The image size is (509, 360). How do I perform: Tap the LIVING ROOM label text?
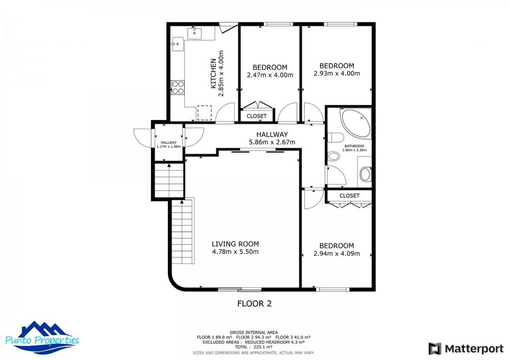tap(235, 244)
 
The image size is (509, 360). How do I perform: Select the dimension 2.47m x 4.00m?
tap(270, 75)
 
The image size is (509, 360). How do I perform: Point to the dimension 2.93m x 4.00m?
tap(337, 74)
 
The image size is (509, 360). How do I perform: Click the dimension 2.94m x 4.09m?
tap(337, 254)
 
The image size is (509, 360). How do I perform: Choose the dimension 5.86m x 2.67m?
tap(272, 142)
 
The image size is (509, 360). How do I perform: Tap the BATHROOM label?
tap(354, 146)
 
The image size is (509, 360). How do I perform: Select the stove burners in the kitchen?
tap(178, 87)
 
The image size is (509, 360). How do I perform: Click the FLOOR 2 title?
tap(254, 304)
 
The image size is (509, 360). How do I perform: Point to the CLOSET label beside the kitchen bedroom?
tap(256, 116)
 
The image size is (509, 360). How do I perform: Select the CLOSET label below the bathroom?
tap(349, 196)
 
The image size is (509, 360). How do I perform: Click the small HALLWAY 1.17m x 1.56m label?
tap(168, 144)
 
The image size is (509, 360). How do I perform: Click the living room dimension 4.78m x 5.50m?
tap(235, 252)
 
